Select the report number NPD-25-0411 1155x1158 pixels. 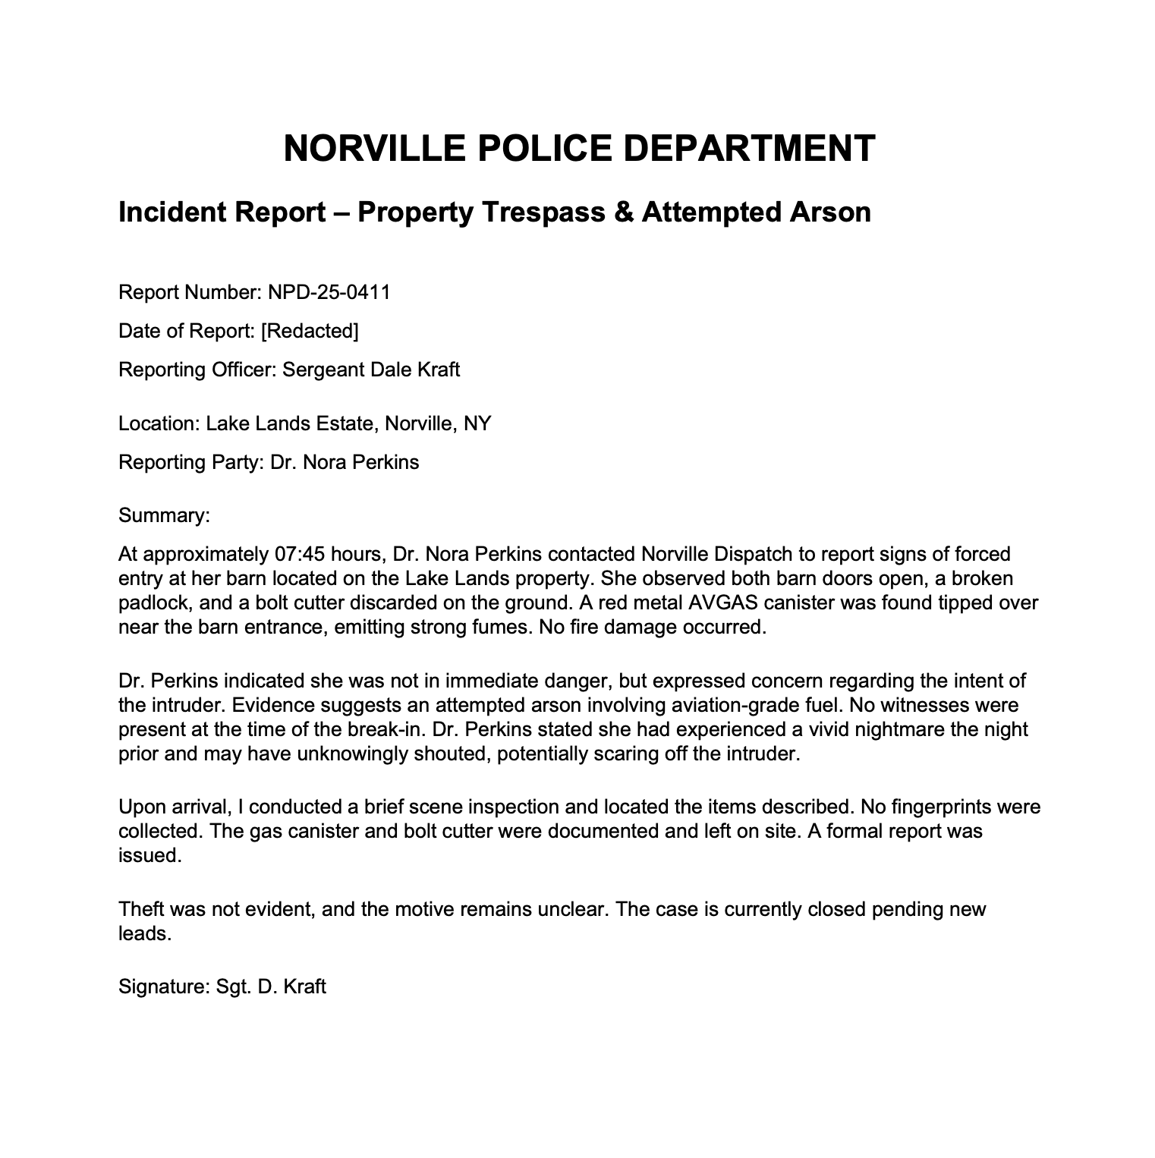329,292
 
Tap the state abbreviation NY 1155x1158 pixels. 477,423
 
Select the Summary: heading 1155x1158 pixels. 164,516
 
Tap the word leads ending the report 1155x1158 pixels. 143,933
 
